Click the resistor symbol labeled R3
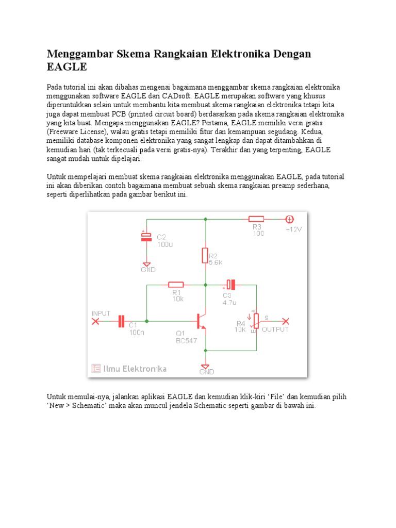point(256,219)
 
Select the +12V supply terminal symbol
point(290,219)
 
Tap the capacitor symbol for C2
point(146,237)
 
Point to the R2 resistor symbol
point(205,255)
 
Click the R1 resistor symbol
point(176,284)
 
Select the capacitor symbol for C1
point(122,321)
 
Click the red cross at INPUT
point(95,321)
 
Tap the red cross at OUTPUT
point(286,321)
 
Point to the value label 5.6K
point(216,262)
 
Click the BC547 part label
point(186,340)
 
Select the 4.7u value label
point(229,303)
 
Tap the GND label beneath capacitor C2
point(148,269)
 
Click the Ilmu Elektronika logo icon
point(96,368)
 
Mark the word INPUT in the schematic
point(101,313)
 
